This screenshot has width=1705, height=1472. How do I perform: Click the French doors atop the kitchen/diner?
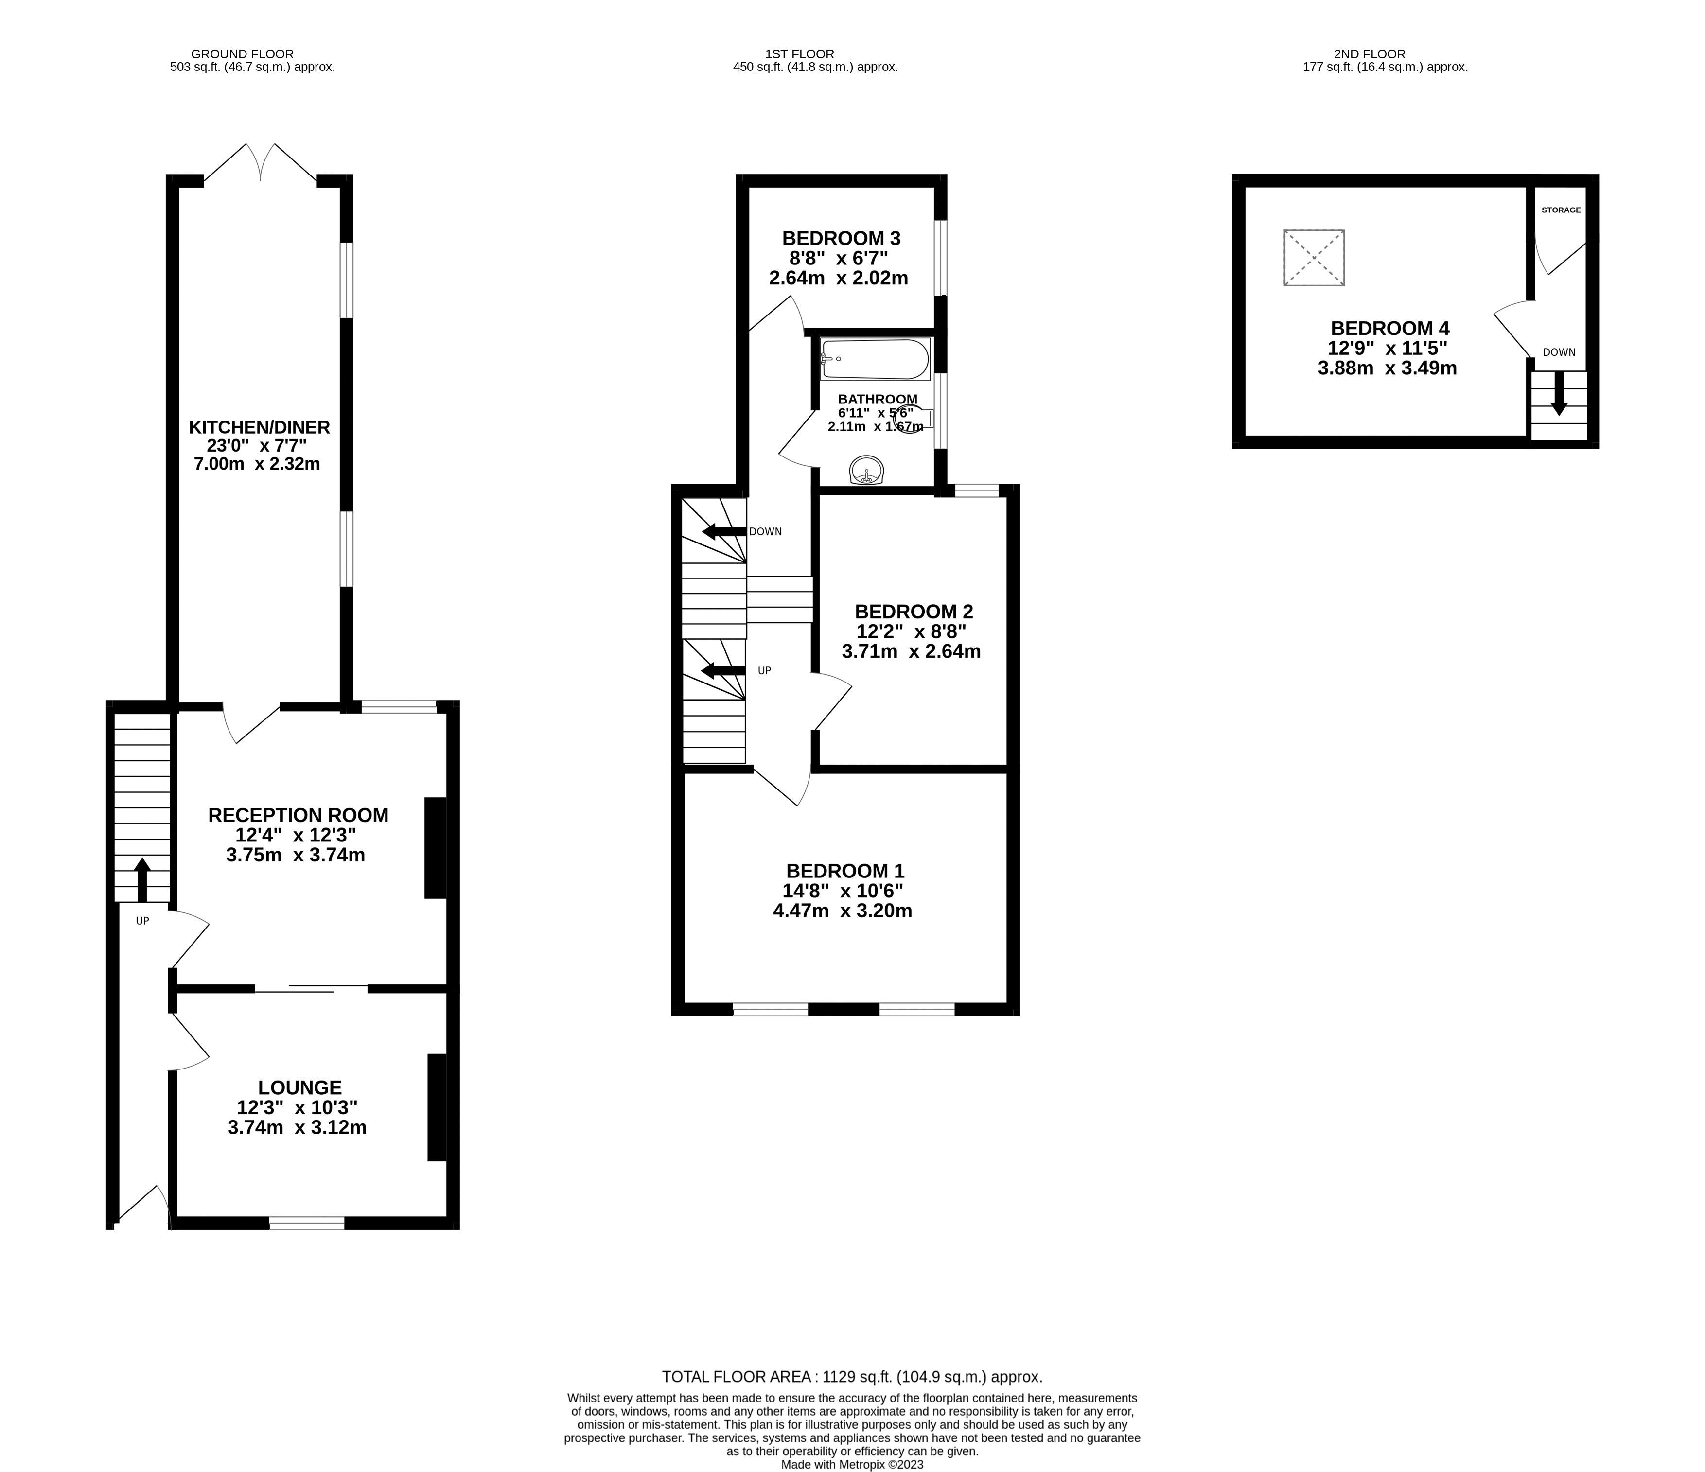260,163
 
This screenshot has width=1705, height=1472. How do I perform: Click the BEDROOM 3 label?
841,239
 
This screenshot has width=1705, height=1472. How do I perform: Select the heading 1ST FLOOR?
783,53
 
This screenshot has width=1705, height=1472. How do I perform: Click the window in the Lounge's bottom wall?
306,1224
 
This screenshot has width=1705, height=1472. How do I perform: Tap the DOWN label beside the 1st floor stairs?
765,531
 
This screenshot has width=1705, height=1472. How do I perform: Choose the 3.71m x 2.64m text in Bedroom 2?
911,652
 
